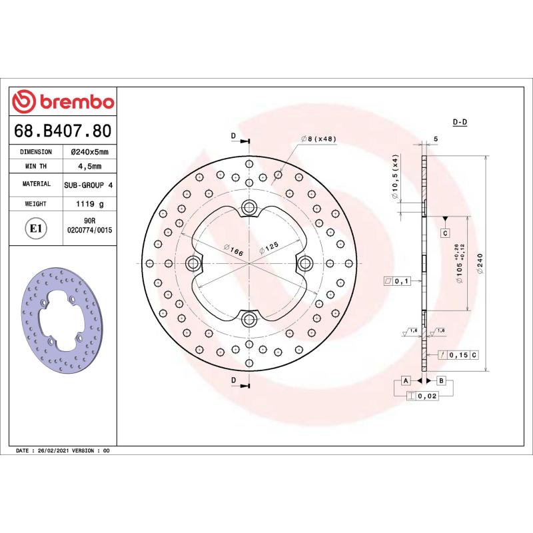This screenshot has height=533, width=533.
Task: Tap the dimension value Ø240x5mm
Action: (x=89, y=152)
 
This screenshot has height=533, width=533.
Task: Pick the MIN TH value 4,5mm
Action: (x=89, y=166)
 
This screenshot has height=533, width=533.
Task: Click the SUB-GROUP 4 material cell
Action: (x=89, y=184)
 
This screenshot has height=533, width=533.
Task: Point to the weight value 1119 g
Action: (x=89, y=204)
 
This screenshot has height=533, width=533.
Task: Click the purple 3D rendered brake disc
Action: (x=64, y=320)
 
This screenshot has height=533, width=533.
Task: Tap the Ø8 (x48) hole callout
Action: (x=319, y=139)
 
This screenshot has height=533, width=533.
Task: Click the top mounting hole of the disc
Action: (x=250, y=207)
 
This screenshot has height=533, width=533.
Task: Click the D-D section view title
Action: (x=460, y=123)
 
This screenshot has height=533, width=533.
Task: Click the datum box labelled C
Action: (x=444, y=233)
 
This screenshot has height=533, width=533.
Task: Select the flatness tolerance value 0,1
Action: (x=402, y=281)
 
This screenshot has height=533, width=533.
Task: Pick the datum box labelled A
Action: (x=404, y=380)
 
